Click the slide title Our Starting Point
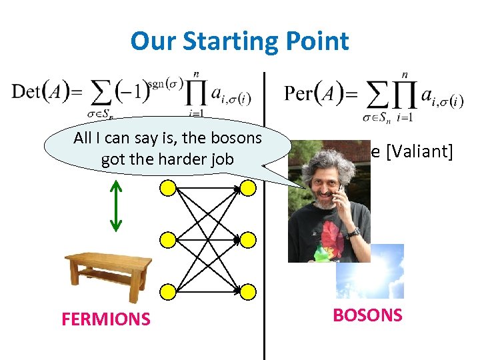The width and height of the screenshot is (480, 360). (x=239, y=41)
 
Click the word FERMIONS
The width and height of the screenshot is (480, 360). (x=106, y=319)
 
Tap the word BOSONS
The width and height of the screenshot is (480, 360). (x=367, y=315)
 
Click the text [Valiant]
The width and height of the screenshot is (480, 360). (x=418, y=152)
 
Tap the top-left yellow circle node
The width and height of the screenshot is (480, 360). (x=168, y=189)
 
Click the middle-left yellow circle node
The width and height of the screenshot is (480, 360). (x=168, y=240)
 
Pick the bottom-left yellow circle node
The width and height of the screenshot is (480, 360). (x=168, y=291)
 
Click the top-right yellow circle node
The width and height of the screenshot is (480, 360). (x=247, y=189)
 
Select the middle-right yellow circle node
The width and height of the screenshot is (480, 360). (x=247, y=240)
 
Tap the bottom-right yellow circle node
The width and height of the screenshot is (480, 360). (x=247, y=291)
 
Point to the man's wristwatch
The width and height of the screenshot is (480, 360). (x=353, y=233)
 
